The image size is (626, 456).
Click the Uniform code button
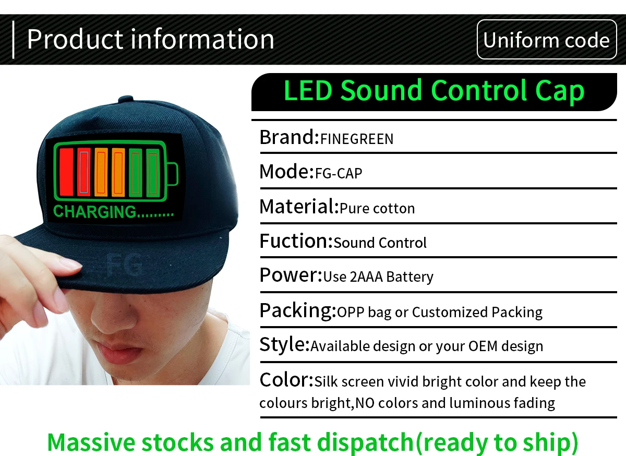point(547,40)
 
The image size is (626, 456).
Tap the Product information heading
point(150,39)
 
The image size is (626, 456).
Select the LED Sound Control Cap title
point(434,91)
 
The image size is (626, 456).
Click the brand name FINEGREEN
point(357,139)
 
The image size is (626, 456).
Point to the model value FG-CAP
point(339,173)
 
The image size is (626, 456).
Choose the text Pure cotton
point(377,208)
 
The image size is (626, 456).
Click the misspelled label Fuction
point(296,241)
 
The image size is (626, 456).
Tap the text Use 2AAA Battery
point(378,277)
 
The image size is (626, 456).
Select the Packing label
point(298,311)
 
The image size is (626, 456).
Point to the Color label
point(286,380)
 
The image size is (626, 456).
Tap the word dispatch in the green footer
point(365,442)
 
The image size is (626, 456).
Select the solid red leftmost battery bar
point(67,172)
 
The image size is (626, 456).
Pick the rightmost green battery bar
point(153,173)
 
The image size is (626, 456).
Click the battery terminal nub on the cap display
point(173,174)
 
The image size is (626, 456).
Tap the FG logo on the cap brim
point(125,264)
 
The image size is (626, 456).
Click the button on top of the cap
point(126,99)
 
